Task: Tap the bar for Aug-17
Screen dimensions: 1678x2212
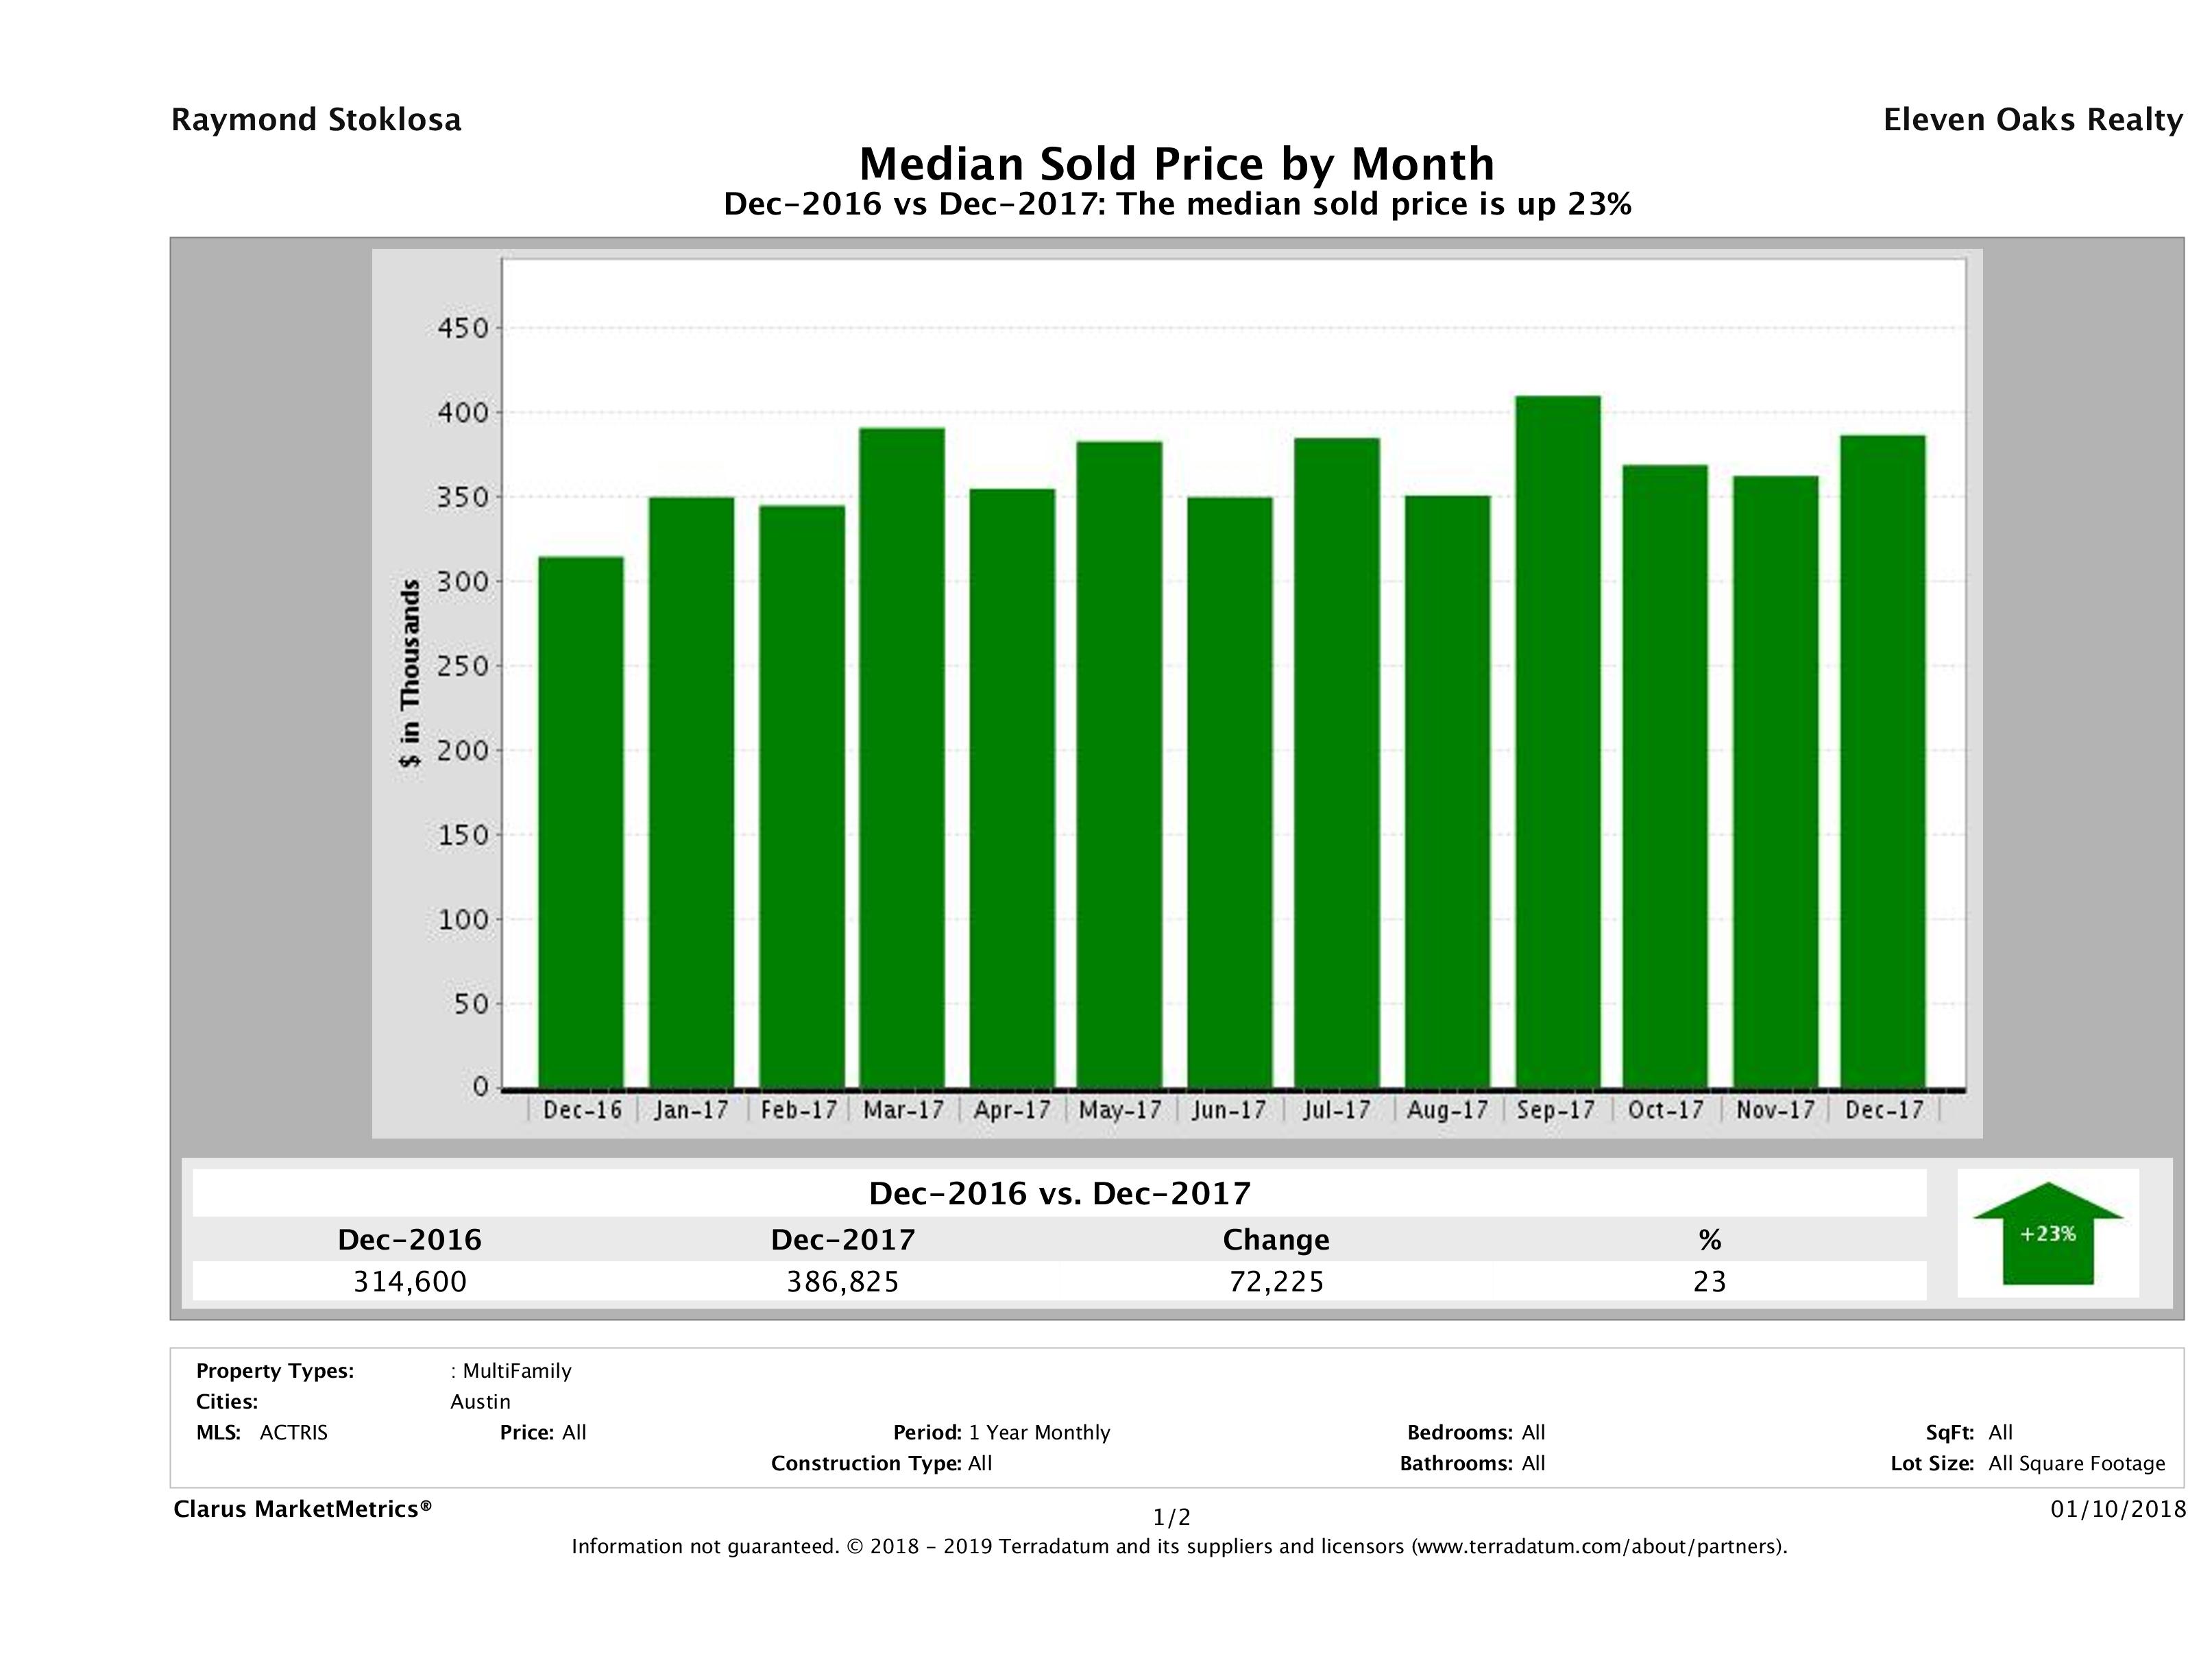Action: pos(1447,791)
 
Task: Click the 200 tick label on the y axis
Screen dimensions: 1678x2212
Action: pos(462,751)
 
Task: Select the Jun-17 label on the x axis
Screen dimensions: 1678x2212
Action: pos(1229,1110)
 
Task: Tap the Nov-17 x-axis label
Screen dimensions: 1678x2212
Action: pos(1775,1110)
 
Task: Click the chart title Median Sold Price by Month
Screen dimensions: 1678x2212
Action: pos(1176,164)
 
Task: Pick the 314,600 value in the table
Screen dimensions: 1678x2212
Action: pos(410,1282)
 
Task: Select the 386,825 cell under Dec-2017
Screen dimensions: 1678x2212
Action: pos(843,1282)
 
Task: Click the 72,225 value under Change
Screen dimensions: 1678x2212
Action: pos(1276,1282)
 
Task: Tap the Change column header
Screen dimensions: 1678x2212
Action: pos(1276,1240)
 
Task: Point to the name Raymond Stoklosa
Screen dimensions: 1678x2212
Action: pos(316,120)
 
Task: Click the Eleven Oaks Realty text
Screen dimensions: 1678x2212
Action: pos(2032,120)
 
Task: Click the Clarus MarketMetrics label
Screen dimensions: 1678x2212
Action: pos(302,1509)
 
